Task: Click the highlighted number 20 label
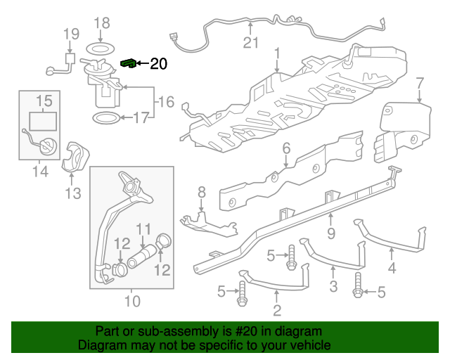[x=159, y=64]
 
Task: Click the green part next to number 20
[x=129, y=63]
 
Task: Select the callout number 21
[x=251, y=43]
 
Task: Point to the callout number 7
[x=419, y=84]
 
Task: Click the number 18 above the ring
[x=101, y=23]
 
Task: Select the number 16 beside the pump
[x=165, y=103]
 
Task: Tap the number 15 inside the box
[x=44, y=101]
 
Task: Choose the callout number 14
[x=39, y=171]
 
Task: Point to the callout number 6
[x=286, y=148]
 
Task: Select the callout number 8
[x=201, y=191]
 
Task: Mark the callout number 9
[x=330, y=231]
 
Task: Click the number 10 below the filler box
[x=131, y=302]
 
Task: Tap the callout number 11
[x=143, y=229]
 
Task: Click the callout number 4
[x=392, y=268]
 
